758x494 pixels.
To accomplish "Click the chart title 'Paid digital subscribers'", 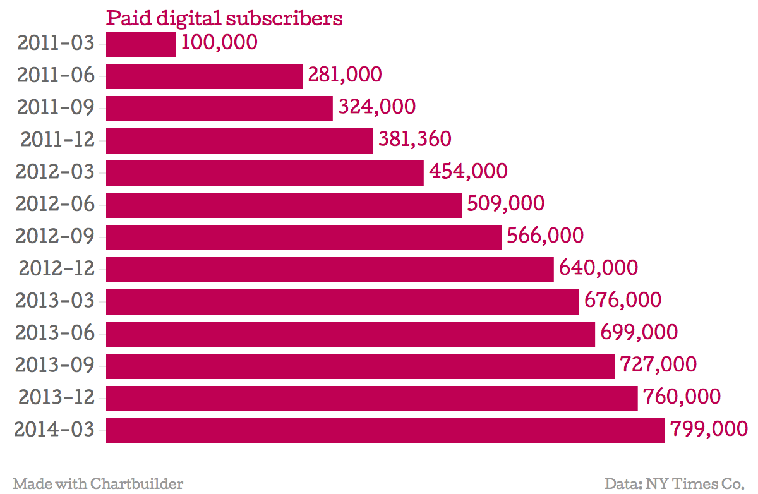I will pos(224,18).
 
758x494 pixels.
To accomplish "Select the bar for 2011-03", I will pos(141,44).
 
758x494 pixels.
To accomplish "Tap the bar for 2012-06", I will pos(284,205).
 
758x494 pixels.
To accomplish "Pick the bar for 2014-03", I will pos(385,430).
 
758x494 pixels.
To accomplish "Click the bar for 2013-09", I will pos(360,366).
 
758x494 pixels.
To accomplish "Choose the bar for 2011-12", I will pos(239,140).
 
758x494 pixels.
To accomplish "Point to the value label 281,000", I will pos(345,75).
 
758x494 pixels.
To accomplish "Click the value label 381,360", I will pos(415,140).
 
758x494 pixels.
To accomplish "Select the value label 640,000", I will pos(598,268).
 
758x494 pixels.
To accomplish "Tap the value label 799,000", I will pos(709,430).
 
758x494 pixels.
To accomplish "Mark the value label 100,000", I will pos(219,43).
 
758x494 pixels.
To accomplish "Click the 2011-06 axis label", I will pos(56,75).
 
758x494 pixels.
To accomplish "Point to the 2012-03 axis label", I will pos(55,172).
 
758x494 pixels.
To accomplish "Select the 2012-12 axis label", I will pos(56,268).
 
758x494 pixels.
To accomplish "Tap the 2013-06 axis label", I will pos(55,333).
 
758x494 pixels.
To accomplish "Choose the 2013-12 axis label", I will pos(56,397).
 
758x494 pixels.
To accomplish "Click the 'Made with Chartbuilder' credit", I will pos(98,484).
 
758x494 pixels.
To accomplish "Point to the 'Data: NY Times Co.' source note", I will pos(674,484).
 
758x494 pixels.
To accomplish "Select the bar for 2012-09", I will pos(304,237).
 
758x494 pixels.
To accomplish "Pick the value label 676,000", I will pos(623,301).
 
